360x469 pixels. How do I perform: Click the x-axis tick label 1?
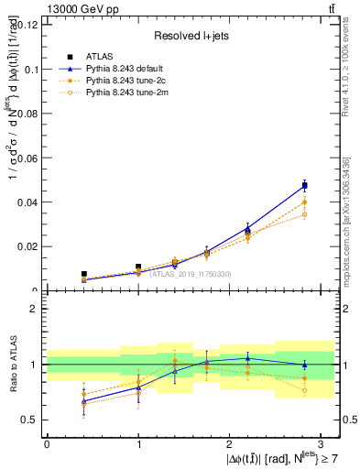(138, 442)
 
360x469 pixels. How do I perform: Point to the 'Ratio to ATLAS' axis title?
(12, 365)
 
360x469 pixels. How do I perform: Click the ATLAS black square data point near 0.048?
(305, 186)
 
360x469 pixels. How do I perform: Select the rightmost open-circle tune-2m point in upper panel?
(305, 214)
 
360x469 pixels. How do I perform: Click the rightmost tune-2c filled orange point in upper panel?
(305, 202)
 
